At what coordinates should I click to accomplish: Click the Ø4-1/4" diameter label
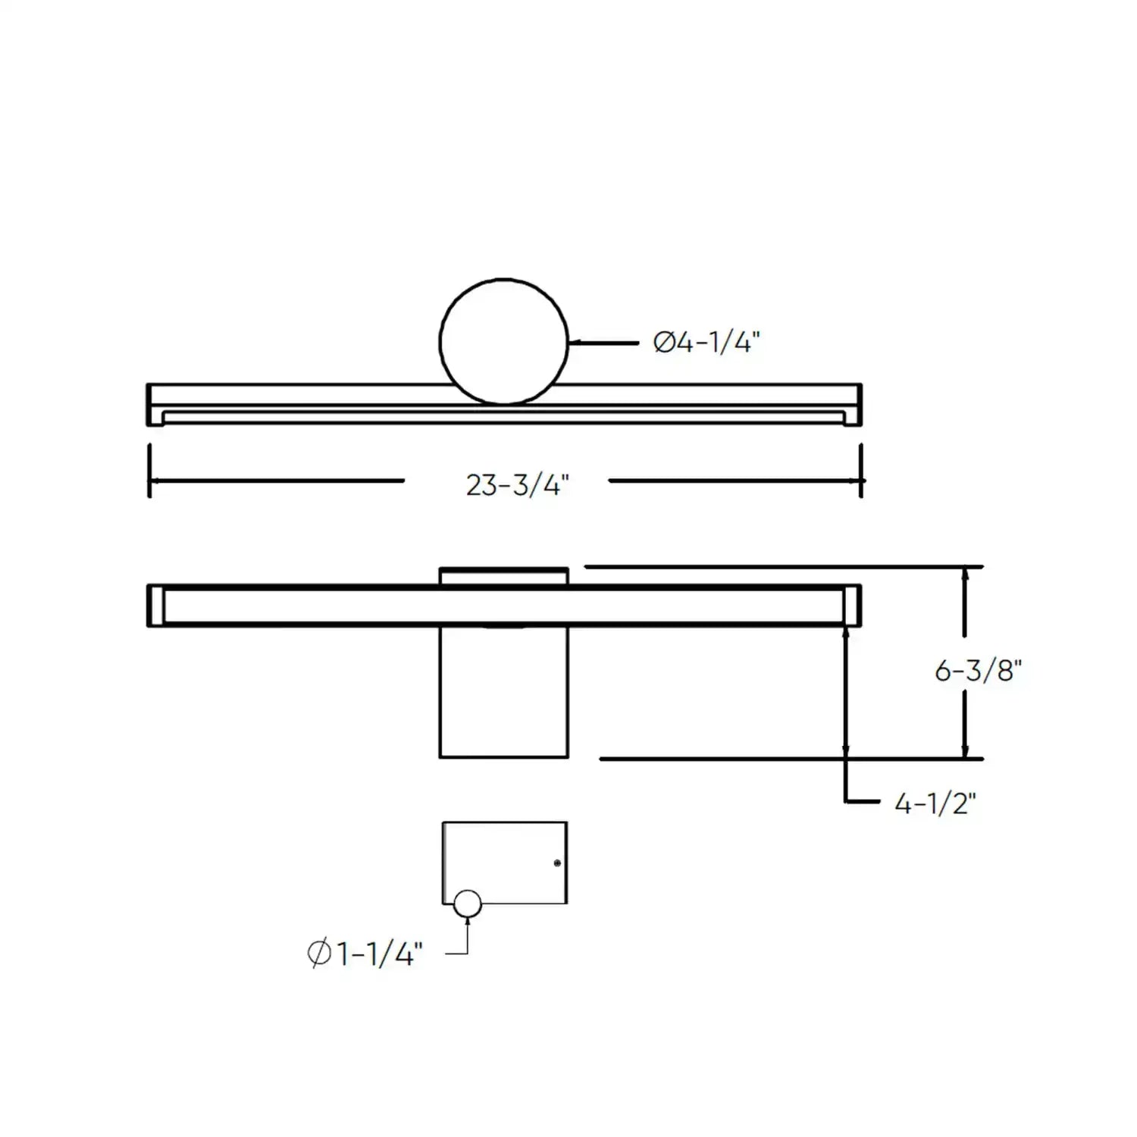706,343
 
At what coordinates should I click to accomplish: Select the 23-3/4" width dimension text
517,484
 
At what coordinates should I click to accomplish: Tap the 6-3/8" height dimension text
978,670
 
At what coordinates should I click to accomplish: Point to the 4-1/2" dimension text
935,803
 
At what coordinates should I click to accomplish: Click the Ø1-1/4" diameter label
365,953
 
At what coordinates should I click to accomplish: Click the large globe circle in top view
503,341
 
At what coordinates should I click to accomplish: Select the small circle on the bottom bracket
467,904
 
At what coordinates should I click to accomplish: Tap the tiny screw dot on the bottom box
557,863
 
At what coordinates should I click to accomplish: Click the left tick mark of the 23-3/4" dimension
149,471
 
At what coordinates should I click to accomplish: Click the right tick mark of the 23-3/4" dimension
861,471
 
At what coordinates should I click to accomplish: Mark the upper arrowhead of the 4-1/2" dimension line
846,633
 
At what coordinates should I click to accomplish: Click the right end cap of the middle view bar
853,605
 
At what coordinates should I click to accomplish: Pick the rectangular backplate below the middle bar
503,691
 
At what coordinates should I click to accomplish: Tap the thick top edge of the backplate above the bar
503,568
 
